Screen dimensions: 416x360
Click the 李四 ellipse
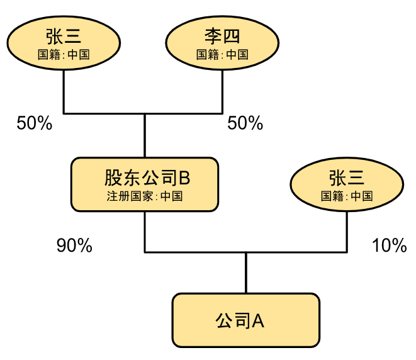(222, 43)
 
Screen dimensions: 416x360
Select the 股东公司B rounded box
(145, 184)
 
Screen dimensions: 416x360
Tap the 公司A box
(246, 320)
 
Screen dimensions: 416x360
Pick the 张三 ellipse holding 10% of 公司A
(347, 184)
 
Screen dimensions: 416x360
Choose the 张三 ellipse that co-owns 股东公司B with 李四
(64, 43)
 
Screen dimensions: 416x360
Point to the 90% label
(74, 245)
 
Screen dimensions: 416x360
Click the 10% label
(389, 245)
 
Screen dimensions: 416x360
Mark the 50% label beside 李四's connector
(245, 123)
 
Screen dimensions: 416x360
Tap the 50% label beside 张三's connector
(35, 123)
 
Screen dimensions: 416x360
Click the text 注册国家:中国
(145, 196)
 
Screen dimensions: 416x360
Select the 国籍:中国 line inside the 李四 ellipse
(222, 55)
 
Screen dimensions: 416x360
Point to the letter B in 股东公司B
(184, 177)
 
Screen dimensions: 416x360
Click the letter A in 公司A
(258, 321)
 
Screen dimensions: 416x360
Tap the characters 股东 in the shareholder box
(122, 177)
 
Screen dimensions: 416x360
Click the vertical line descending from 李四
(222, 92)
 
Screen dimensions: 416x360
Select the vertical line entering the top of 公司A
(246, 273)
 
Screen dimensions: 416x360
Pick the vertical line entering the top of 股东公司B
(145, 135)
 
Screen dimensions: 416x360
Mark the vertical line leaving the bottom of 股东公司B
(145, 232)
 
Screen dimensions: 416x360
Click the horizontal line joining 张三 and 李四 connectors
(143, 113)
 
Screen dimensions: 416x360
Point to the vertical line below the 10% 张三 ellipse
(347, 232)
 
